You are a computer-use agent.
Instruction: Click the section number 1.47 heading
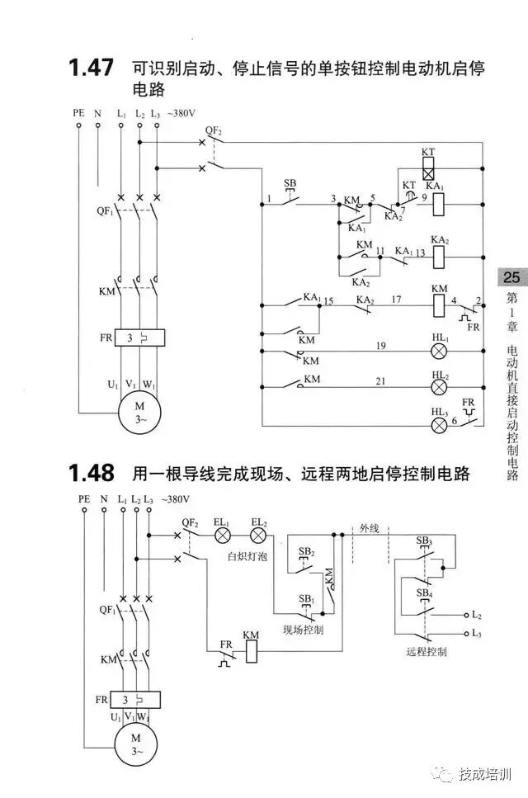91,68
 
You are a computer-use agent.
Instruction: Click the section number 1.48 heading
91,473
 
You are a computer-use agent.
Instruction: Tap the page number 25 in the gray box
511,278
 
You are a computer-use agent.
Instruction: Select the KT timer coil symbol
428,174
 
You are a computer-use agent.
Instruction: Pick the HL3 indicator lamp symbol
440,425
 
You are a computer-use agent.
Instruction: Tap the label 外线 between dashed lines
369,528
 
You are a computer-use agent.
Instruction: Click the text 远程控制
427,651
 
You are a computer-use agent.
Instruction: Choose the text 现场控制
303,630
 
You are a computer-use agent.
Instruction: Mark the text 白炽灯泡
247,557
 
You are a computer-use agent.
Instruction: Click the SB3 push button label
424,541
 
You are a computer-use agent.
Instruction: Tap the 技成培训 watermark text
486,774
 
